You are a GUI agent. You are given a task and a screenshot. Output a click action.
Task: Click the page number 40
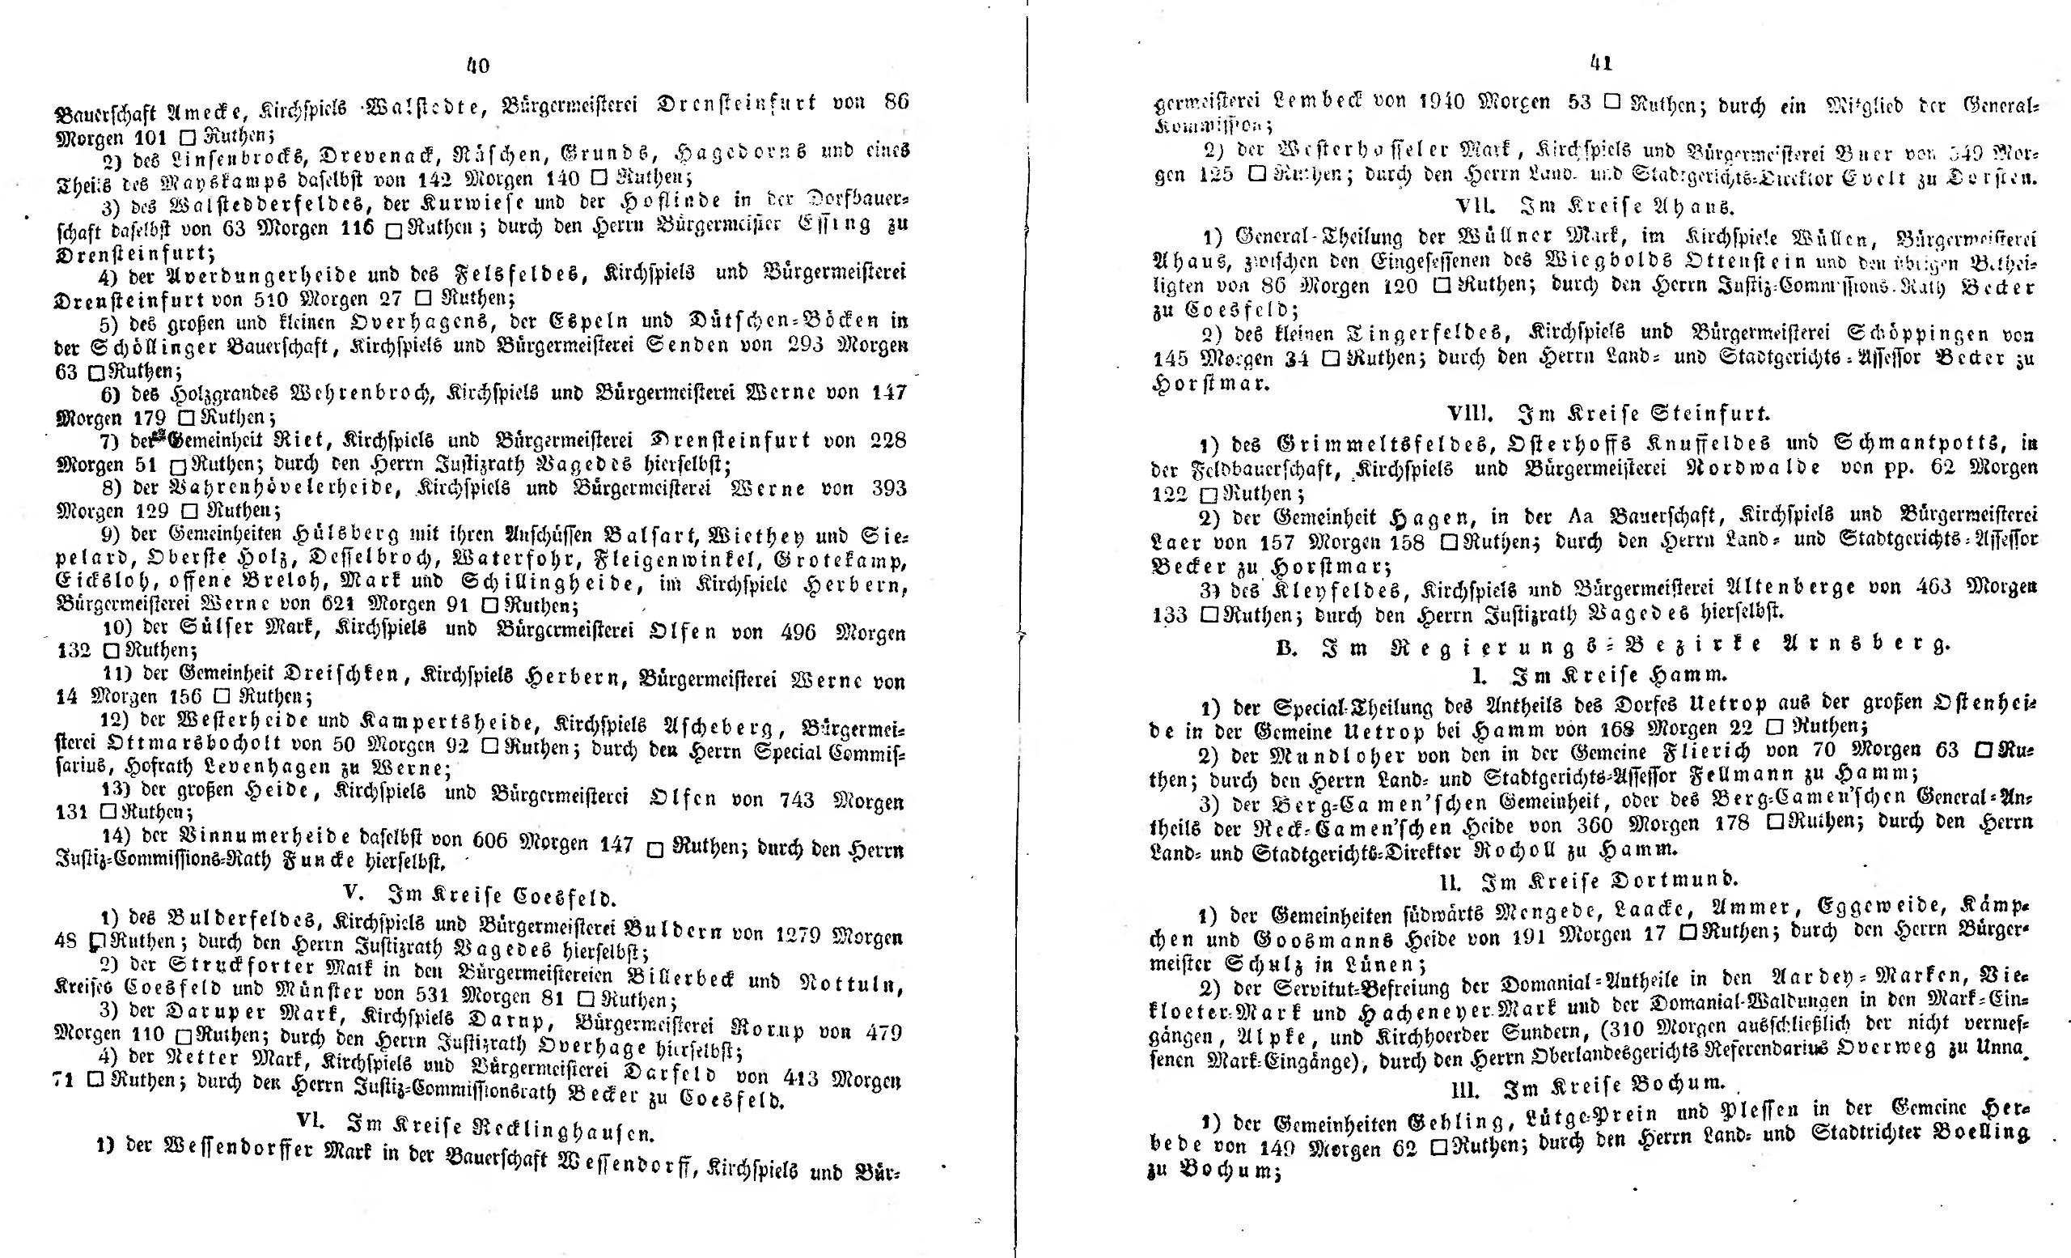(x=476, y=66)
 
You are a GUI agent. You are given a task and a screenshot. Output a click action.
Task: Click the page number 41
(x=1601, y=62)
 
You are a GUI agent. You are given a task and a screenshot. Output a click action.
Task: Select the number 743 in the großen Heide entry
(x=790, y=801)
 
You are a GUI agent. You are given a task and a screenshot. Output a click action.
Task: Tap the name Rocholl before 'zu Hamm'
(x=1518, y=849)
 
